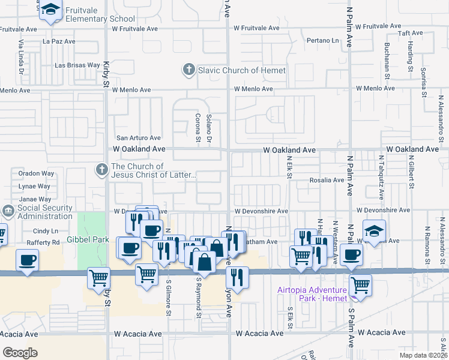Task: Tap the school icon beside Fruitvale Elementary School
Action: click(51, 10)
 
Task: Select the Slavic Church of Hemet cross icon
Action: click(188, 70)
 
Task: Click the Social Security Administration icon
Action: click(8, 211)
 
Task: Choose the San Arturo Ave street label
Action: click(139, 138)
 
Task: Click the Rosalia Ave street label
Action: click(327, 179)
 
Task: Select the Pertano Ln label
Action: click(323, 41)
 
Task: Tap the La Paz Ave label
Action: click(59, 41)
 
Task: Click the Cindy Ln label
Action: click(46, 231)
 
